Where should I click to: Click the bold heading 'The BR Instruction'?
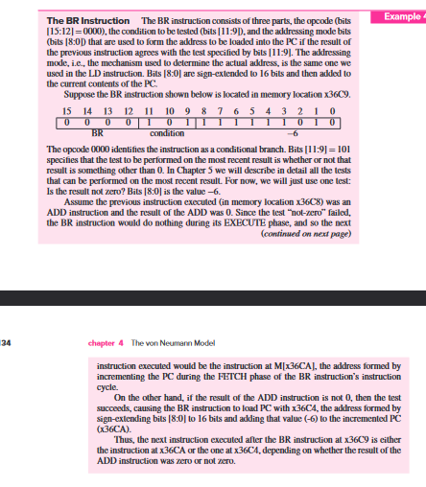(90, 21)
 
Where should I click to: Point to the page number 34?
(4, 342)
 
